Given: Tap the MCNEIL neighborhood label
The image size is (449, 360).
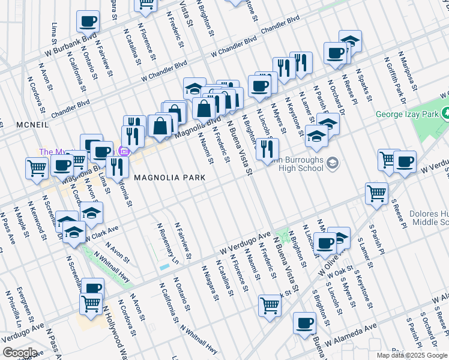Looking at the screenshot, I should pyautogui.click(x=12, y=125).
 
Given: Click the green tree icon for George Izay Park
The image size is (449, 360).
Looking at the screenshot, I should pyautogui.click(x=445, y=113).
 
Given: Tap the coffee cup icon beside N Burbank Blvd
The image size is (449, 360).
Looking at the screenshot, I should pyautogui.click(x=88, y=22).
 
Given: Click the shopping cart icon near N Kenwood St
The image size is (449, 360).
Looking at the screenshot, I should pyautogui.click(x=37, y=169).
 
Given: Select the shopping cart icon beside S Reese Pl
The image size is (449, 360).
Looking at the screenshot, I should pyautogui.click(x=376, y=193).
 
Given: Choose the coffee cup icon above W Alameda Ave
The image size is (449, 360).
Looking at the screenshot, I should pyautogui.click(x=304, y=323).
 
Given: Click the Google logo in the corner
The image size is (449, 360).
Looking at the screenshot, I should pyautogui.click(x=19, y=353).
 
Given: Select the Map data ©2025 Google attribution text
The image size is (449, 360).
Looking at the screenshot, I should pyautogui.click(x=411, y=355).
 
